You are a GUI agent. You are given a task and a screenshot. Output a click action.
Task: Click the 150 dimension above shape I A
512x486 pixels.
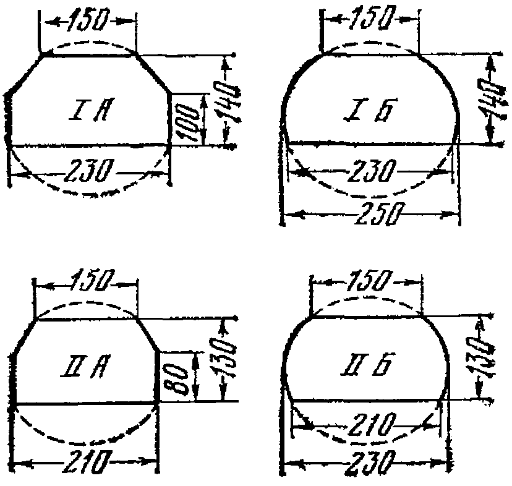[87, 21]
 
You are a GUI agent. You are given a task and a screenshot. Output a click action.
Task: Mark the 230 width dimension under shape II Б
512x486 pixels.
[367, 463]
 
